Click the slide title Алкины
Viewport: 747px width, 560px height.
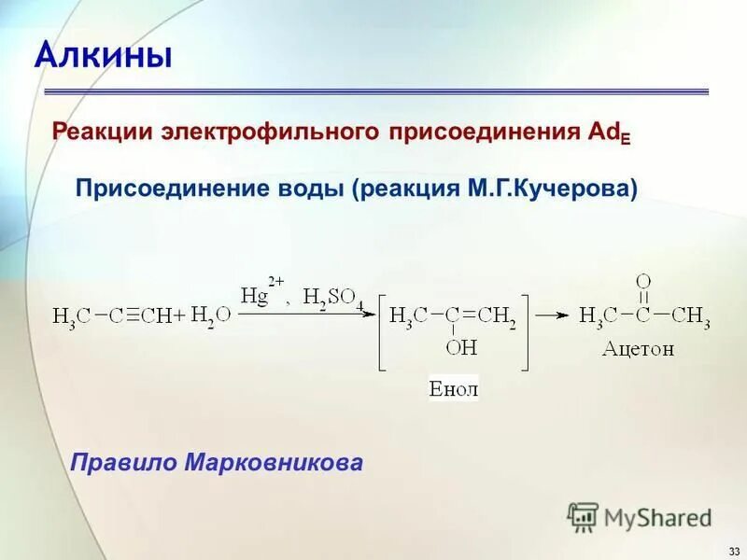pos(104,55)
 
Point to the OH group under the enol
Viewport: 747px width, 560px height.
pos(461,347)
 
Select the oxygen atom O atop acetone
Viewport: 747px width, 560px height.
pos(642,281)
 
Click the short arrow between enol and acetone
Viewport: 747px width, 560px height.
pos(553,315)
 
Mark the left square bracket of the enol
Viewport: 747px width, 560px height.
pos(382,332)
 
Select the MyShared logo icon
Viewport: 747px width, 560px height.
pos(583,516)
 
